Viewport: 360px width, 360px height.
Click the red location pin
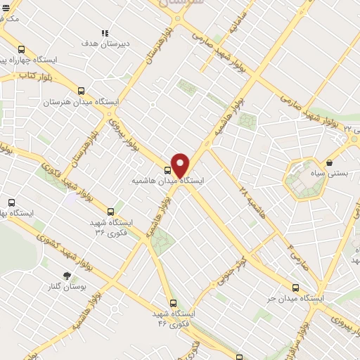pyautogui.click(x=181, y=165)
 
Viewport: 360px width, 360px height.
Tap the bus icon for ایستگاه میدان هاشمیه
pyautogui.click(x=167, y=169)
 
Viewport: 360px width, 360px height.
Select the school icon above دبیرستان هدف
pyautogui.click(x=105, y=32)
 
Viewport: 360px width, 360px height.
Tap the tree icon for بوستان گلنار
pyautogui.click(x=67, y=276)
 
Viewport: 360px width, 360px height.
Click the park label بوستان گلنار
pyautogui.click(x=67, y=287)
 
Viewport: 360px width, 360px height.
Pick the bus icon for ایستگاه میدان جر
pyautogui.click(x=295, y=288)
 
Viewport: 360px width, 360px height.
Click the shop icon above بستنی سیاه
pyautogui.click(x=330, y=162)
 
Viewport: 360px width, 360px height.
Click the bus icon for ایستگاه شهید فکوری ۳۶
pyautogui.click(x=110, y=211)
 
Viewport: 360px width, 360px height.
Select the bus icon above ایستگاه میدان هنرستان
pyautogui.click(x=81, y=91)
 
